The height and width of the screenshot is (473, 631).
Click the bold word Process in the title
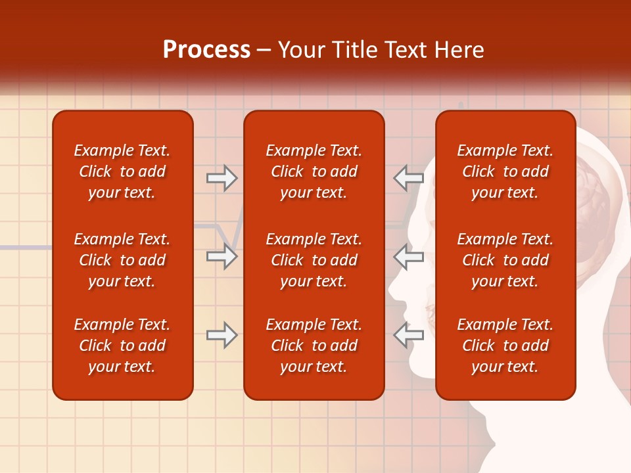[206, 50]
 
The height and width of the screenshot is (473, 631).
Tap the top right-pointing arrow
[222, 177]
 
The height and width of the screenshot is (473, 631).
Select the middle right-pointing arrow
[222, 256]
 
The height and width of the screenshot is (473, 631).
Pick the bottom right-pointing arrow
[222, 335]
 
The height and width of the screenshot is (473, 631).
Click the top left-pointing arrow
[409, 177]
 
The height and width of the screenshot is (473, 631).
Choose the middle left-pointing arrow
[409, 256]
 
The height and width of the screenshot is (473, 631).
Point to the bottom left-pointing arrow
[409, 335]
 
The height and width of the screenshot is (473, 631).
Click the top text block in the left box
[122, 171]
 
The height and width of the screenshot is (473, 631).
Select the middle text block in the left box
[122, 260]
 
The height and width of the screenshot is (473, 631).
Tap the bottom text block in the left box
[122, 346]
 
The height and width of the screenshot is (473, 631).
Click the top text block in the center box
[314, 171]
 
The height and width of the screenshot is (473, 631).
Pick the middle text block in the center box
[314, 260]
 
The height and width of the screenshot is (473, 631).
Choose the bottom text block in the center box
[314, 346]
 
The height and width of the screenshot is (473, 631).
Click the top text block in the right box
[505, 171]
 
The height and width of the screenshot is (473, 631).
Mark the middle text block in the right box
[505, 260]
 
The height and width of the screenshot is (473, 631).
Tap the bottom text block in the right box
[505, 346]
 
